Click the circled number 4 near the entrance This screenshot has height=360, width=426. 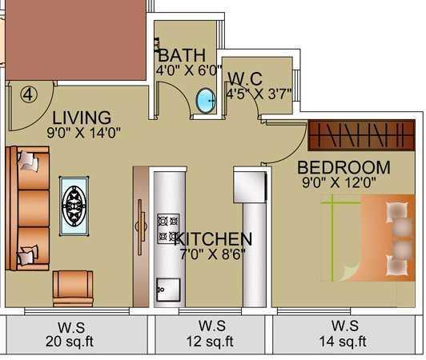coord(28,93)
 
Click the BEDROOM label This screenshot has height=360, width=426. coord(344,167)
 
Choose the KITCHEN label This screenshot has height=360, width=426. coord(213,238)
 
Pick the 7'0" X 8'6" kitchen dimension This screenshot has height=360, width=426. coord(212,254)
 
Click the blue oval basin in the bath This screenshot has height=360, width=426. coord(206,100)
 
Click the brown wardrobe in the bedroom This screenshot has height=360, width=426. coord(362,134)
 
